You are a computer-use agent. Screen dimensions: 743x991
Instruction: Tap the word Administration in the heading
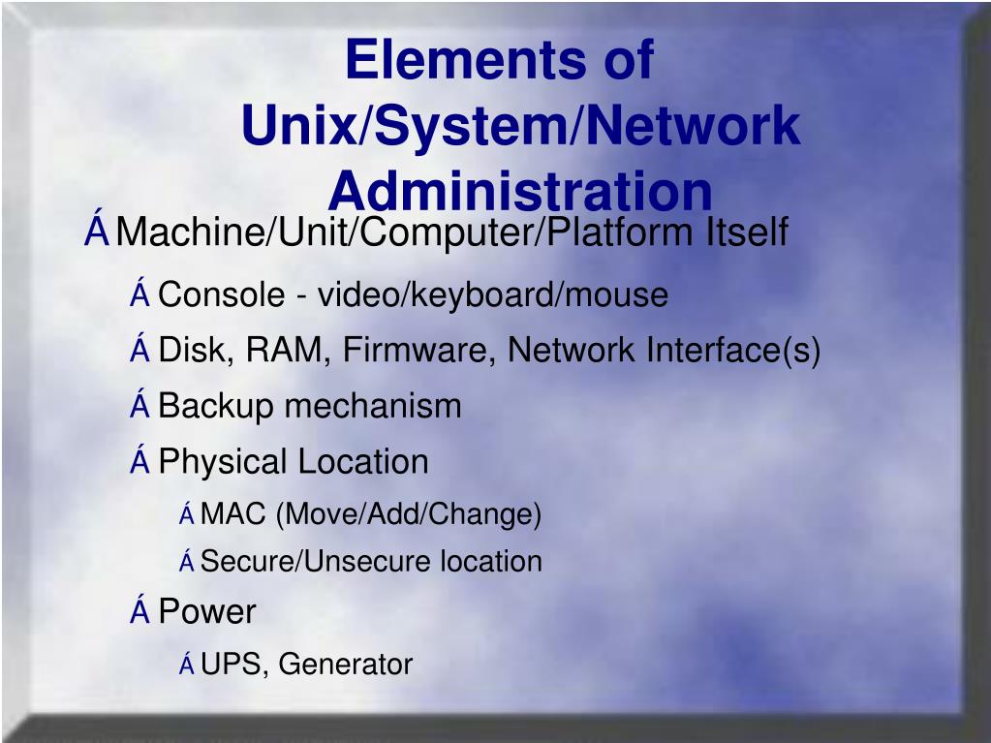(520, 191)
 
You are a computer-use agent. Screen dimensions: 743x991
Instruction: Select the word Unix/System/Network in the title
(520, 126)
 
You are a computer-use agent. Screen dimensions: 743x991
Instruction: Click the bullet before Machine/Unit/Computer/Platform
(96, 232)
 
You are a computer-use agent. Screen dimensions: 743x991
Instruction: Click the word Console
(222, 294)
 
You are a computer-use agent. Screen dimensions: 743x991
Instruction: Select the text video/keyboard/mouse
(493, 295)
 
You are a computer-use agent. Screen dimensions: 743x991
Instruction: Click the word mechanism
(373, 407)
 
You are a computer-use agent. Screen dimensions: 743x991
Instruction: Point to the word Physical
(222, 462)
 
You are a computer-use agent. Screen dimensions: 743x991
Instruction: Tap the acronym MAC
(232, 514)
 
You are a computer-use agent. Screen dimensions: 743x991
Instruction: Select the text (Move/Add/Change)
(408, 515)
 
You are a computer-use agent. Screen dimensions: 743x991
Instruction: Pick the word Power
(206, 612)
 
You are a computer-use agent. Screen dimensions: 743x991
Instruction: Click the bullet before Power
(139, 611)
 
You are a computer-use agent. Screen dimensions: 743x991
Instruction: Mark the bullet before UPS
(186, 665)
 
